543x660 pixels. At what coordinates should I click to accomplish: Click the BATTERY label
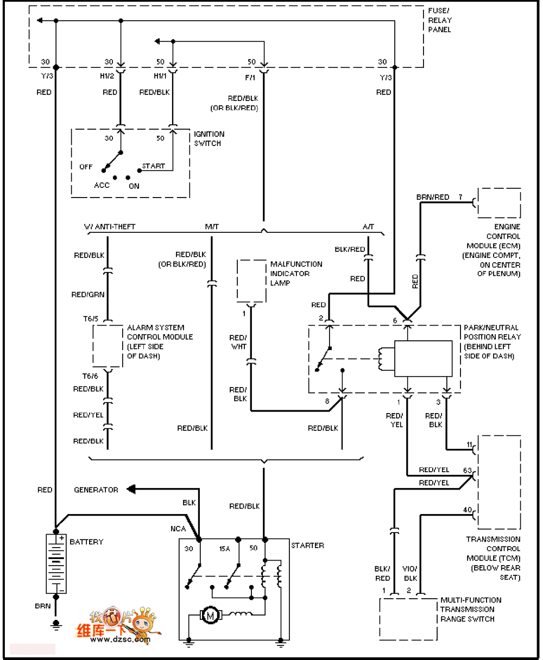[x=86, y=542]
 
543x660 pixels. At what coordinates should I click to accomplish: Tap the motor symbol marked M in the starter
[x=210, y=615]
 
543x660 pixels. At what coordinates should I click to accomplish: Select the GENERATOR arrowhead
[x=130, y=490]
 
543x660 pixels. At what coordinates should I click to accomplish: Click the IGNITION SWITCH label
[x=209, y=138]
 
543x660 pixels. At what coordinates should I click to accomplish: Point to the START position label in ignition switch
[x=153, y=166]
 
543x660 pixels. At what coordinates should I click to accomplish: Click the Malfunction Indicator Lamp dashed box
[x=251, y=280]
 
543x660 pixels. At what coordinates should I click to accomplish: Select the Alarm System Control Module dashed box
[x=108, y=347]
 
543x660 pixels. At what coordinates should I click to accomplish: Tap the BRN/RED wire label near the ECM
[x=433, y=197]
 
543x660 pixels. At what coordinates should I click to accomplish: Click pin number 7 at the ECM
[x=460, y=197]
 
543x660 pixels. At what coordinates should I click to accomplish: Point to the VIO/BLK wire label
[x=411, y=574]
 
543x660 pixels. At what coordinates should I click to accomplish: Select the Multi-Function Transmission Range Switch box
[x=408, y=619]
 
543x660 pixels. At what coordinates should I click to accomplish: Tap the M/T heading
[x=212, y=227]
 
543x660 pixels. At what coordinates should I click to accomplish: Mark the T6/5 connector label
[x=91, y=319]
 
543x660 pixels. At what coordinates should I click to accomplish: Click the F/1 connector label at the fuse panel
[x=250, y=78]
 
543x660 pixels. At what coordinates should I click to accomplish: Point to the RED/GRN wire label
[x=88, y=295]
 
